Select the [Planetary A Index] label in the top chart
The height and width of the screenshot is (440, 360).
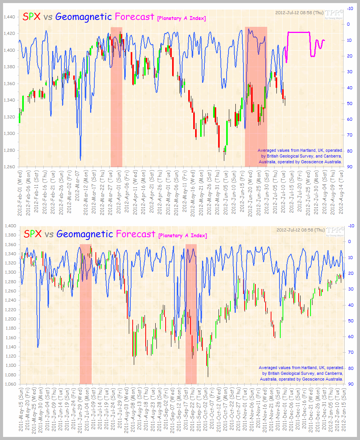181,18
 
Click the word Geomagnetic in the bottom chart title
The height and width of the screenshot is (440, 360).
84,233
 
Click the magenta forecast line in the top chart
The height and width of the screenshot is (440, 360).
299,32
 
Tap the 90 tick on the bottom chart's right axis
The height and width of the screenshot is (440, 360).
349,384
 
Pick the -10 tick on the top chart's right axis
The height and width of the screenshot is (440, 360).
350,8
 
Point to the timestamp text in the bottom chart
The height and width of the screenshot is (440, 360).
300,230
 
